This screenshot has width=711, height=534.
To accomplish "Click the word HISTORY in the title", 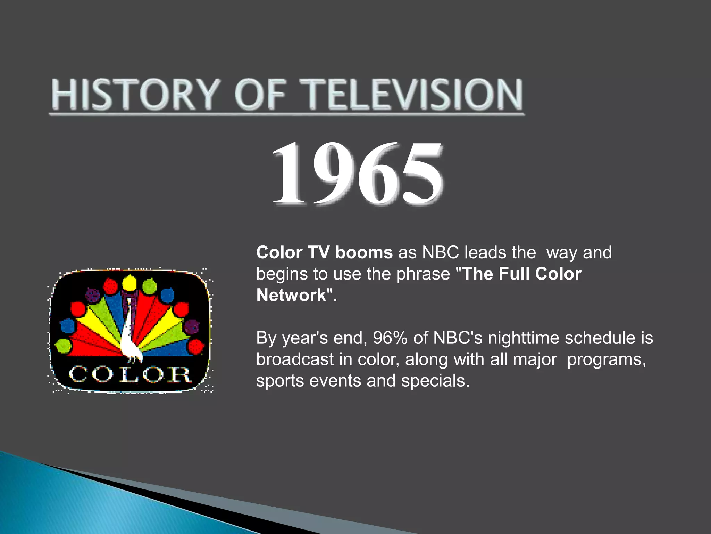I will [135, 95].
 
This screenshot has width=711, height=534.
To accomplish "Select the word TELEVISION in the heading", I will [411, 95].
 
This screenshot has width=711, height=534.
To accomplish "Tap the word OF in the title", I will [260, 95].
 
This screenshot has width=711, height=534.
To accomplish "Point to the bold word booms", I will [364, 252].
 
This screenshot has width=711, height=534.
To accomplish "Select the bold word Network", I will [291, 295].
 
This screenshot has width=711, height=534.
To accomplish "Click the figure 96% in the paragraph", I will [390, 338].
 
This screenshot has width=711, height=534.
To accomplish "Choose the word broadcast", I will [295, 359].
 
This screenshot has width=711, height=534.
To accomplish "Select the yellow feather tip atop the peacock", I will [129, 282].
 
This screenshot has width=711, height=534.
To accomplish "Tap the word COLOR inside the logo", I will [129, 375].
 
